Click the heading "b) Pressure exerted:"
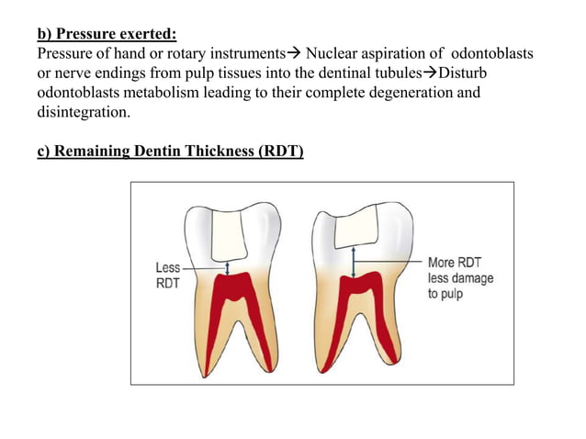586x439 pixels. point(107,36)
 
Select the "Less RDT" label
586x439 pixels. point(167,275)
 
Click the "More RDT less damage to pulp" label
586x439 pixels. point(459,277)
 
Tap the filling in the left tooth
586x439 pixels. point(228,233)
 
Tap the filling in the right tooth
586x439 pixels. point(355,226)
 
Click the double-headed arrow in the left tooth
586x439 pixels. point(228,265)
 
